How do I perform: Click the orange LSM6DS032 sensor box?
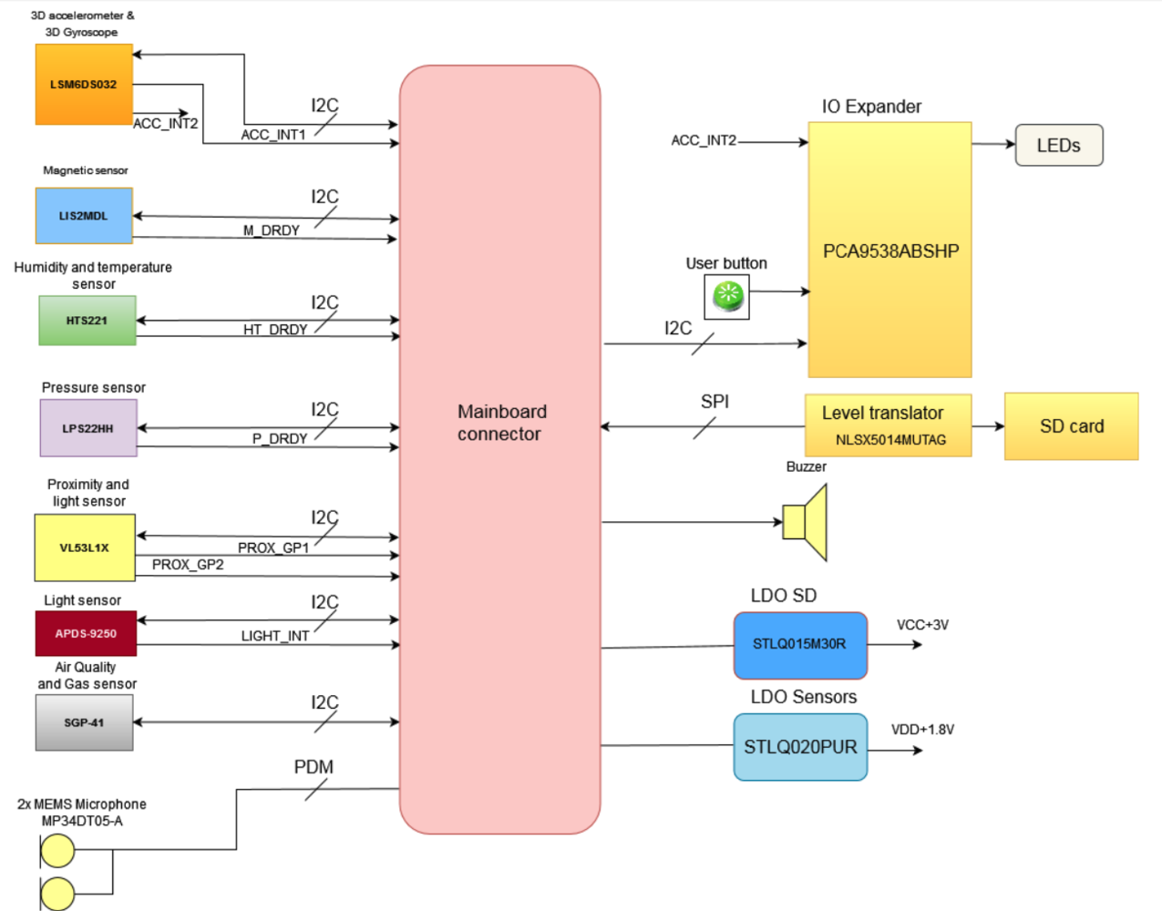coord(84,84)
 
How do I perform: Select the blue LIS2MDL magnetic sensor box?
coord(84,216)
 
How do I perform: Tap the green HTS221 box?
coord(87,321)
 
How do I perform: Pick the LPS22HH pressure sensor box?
coord(88,428)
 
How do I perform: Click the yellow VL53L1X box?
coord(85,548)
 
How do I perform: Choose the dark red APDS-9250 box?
coord(86,633)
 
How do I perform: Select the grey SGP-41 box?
coord(84,722)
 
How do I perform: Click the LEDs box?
coord(1059,146)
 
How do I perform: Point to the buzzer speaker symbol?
coord(806,522)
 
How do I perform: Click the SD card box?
coord(1072,426)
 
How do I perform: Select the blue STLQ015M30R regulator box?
coord(800,645)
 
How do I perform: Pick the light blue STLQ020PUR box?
coord(800,747)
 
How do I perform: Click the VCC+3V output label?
coord(922,625)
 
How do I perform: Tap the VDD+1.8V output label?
coord(922,730)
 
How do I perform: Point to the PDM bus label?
coord(314,767)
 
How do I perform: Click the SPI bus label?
coord(715,402)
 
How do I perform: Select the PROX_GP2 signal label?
coord(188,565)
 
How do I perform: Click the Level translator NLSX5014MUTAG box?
coord(888,425)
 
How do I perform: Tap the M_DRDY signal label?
coord(272,230)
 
